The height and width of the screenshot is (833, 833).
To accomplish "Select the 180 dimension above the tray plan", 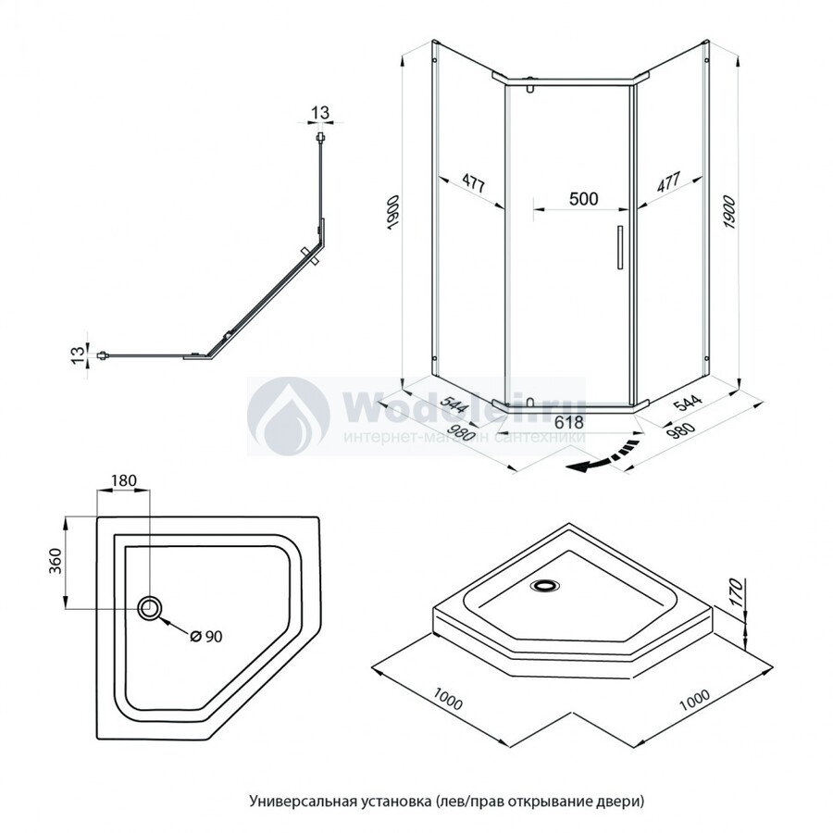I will [124, 480].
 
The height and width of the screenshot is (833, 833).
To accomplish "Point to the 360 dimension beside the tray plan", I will [55, 562].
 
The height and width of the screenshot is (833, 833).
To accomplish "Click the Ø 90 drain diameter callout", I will [205, 636].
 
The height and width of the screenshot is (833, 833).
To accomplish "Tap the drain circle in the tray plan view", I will [150, 608].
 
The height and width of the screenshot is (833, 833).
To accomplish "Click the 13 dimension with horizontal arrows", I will [319, 113].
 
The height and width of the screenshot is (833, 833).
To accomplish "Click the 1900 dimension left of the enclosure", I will [392, 214].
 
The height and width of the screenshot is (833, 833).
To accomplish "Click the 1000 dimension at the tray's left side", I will [448, 702].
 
